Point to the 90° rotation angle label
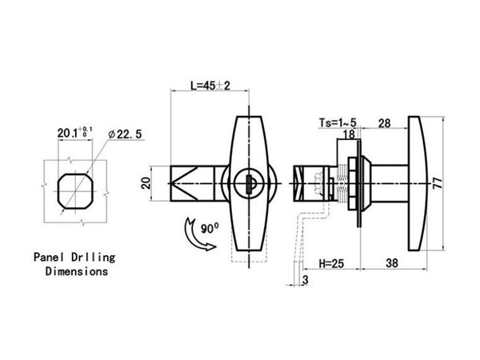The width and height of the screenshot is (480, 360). coord(210,228)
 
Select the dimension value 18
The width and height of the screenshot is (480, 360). coord(350,134)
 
